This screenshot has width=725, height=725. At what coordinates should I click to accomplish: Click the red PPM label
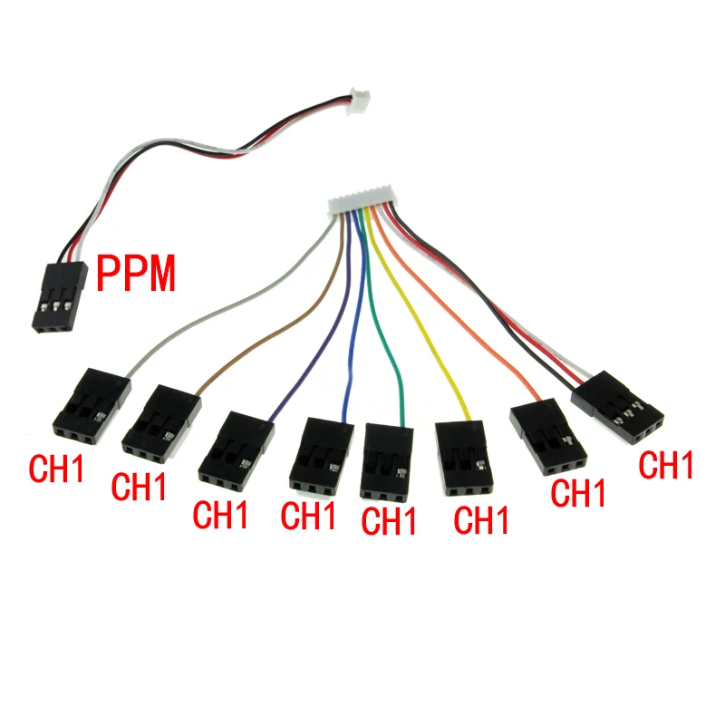[x=137, y=274]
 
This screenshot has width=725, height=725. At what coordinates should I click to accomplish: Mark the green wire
[x=384, y=344]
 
